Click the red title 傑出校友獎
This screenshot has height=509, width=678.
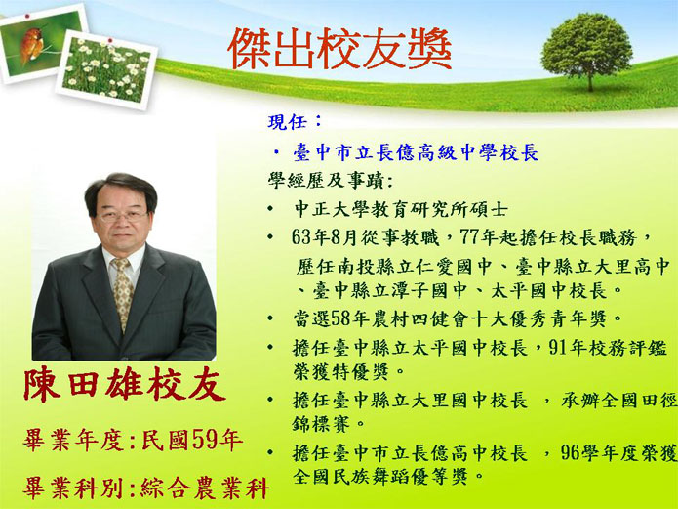(x=339, y=49)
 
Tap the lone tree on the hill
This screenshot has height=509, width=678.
(x=586, y=50)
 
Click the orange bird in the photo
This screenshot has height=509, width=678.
(x=31, y=45)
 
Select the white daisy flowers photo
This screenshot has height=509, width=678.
(x=106, y=69)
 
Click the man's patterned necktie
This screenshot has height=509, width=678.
(x=122, y=293)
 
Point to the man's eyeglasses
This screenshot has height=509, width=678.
(x=122, y=216)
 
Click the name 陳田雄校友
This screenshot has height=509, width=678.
(x=125, y=384)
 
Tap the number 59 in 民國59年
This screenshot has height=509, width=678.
(x=205, y=440)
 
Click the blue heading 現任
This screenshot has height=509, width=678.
(x=288, y=122)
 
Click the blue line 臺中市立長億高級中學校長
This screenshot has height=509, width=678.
(x=416, y=153)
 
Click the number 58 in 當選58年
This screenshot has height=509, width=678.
(x=340, y=319)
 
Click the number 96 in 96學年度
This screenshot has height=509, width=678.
(x=572, y=452)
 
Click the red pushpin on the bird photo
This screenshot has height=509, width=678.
(x=27, y=17)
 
